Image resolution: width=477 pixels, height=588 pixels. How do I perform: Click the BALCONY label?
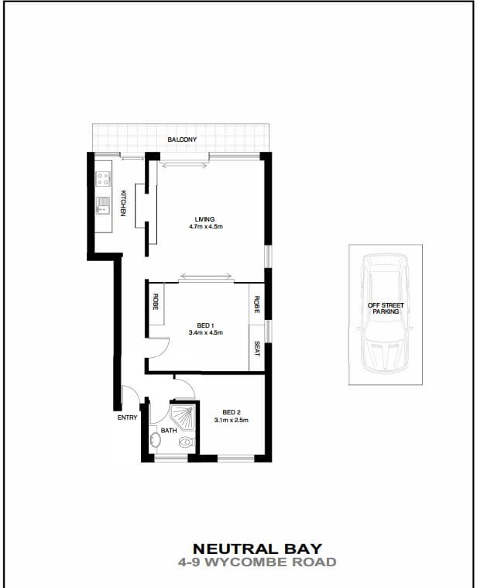pos(182,139)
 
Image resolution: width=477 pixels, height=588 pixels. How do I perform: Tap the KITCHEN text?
pos(122,203)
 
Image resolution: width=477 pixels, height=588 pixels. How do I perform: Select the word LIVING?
pos(205,219)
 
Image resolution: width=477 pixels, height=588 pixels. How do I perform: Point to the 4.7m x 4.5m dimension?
pos(205,227)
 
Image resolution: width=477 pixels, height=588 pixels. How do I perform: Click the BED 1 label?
pos(205,325)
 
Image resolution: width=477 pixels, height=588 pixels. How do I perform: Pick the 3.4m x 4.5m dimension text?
pos(205,332)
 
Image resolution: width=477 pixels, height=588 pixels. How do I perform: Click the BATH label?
pos(169,431)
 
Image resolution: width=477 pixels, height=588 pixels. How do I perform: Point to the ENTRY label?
pos(127,418)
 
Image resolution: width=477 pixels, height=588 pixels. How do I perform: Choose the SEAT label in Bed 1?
pos(257,349)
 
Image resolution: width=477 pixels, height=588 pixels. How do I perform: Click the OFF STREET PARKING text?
pos(386,308)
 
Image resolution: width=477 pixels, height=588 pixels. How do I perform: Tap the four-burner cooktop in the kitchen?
pos(103,179)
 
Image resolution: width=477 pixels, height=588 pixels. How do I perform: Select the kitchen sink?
pos(103,206)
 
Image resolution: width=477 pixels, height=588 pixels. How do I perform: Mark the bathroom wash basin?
pos(156,442)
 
